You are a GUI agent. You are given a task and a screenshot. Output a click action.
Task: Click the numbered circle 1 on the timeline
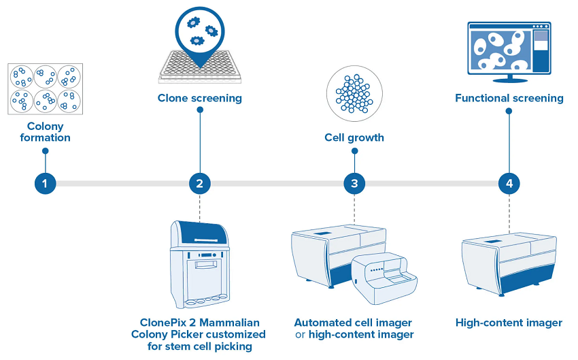45,183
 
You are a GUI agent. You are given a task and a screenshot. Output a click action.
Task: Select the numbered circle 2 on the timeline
199,183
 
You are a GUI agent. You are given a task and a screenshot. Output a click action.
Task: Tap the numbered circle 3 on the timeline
354,183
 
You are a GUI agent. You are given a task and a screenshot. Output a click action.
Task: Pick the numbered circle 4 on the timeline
509,183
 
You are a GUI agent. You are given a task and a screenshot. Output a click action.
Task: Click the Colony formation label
46,132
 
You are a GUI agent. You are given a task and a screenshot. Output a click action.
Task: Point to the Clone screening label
199,98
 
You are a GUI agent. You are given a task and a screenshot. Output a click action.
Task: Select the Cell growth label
354,137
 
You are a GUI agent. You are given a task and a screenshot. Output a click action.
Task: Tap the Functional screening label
509,98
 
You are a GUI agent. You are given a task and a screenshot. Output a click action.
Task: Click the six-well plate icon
46,89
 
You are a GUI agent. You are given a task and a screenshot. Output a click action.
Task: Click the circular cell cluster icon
354,93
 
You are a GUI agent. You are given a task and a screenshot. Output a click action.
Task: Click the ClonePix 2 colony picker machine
199,263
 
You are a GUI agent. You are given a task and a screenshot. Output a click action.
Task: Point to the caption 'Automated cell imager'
353,323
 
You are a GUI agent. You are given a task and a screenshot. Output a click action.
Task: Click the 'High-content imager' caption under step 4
509,323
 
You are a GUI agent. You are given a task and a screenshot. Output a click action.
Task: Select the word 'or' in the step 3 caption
300,335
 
